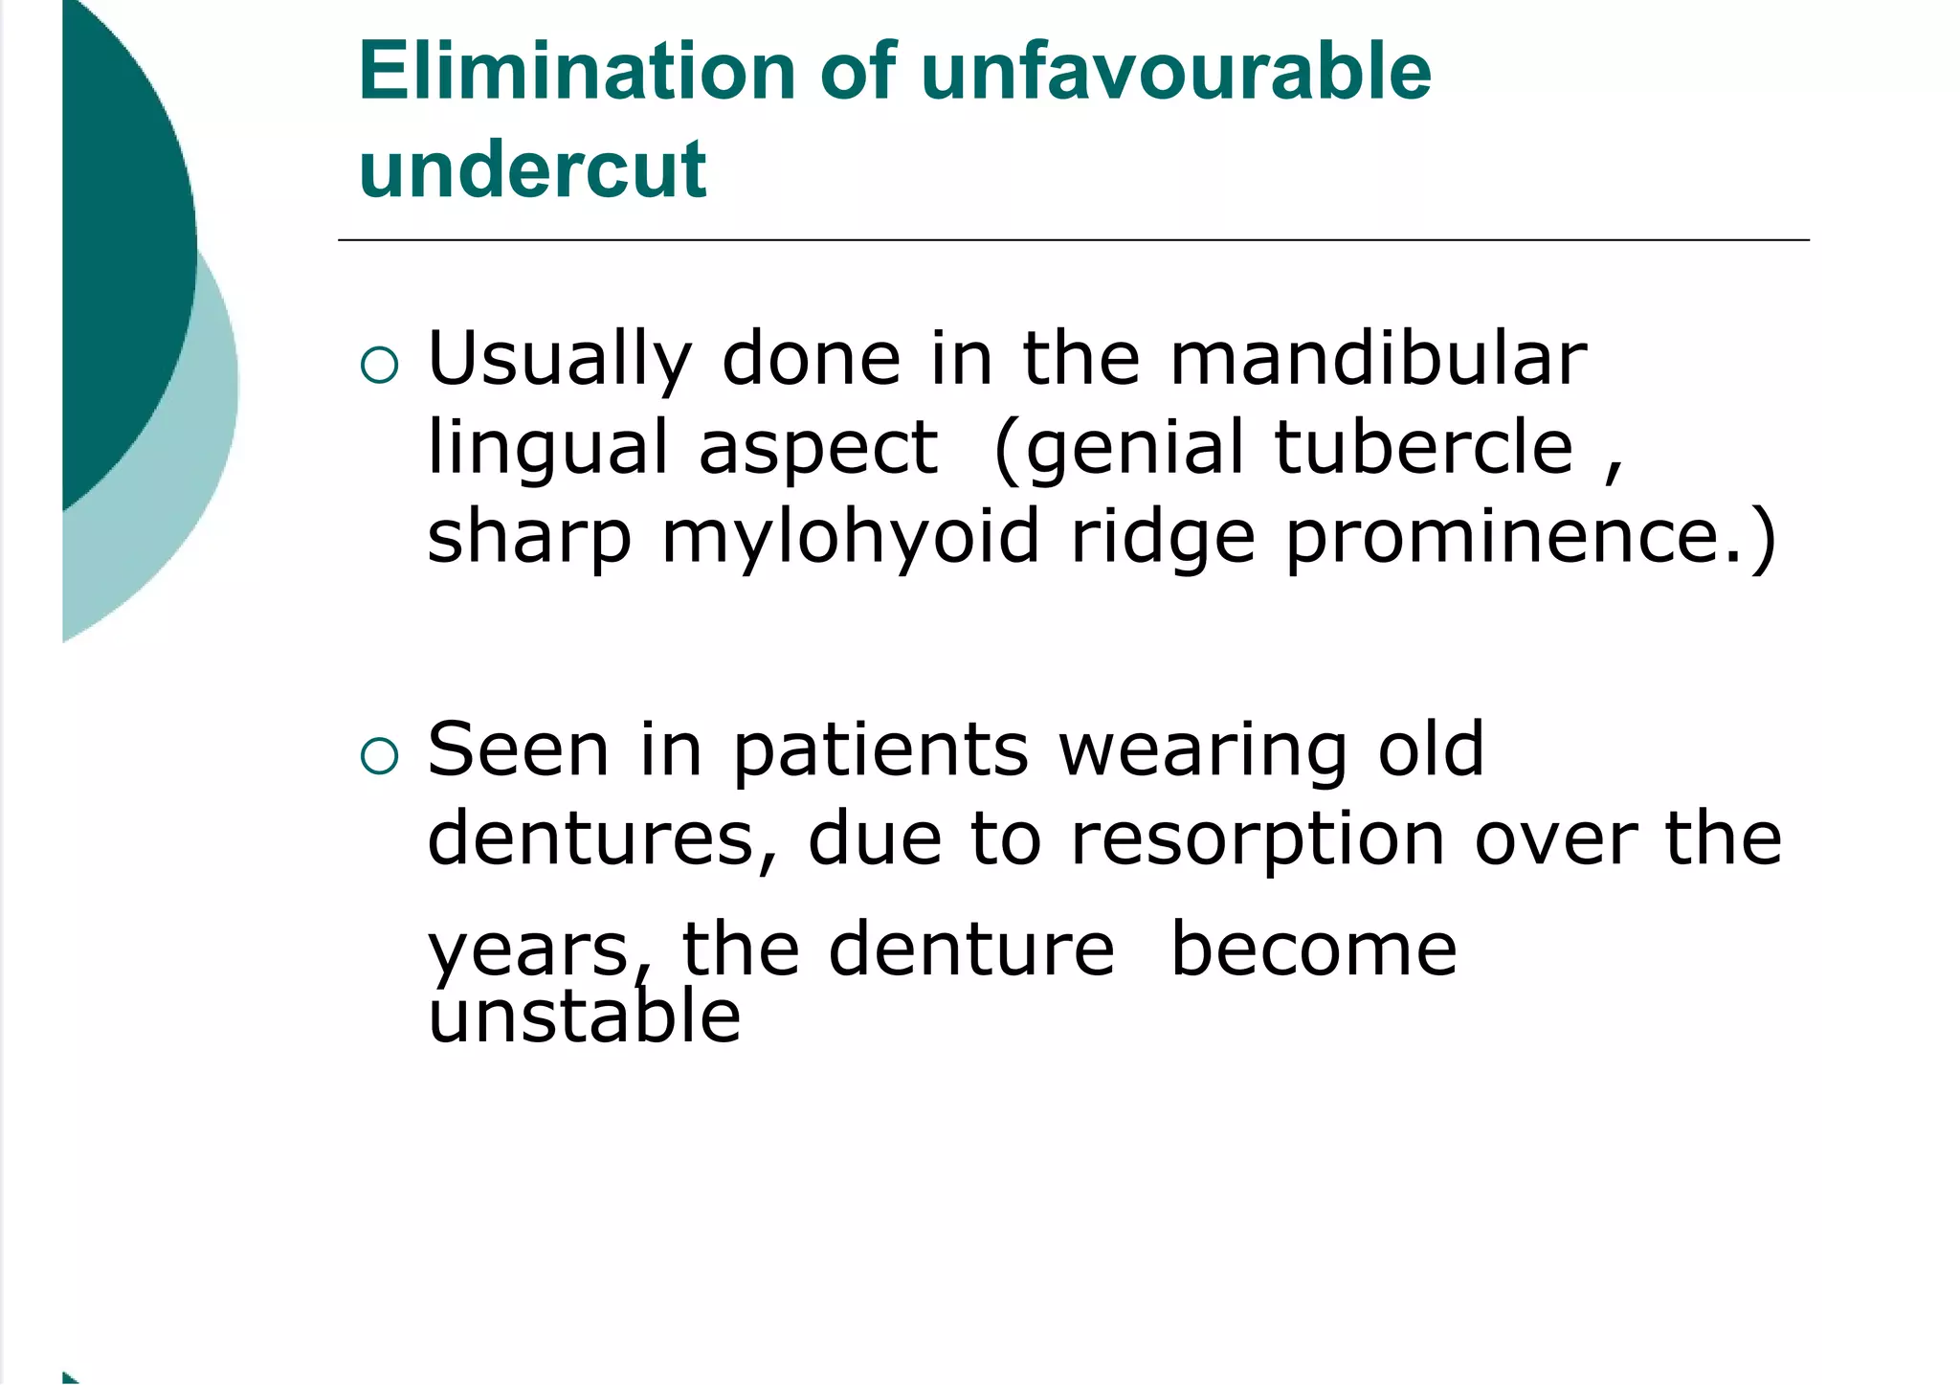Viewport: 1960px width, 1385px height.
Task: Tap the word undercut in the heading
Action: pyautogui.click(x=532, y=169)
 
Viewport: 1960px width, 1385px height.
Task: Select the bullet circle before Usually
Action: pyautogui.click(x=380, y=366)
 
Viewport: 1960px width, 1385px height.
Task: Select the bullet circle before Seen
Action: pyautogui.click(x=380, y=756)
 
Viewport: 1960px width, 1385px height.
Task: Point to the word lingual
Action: pyautogui.click(x=547, y=450)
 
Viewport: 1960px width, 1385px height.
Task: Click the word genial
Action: pyautogui.click(x=1133, y=450)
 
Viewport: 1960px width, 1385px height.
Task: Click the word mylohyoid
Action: pyautogui.click(x=850, y=538)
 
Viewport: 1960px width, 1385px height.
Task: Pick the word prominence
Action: pyautogui.click(x=1517, y=538)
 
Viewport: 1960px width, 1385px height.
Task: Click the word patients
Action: pyautogui.click(x=880, y=749)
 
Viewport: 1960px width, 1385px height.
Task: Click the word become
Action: pyautogui.click(x=1313, y=949)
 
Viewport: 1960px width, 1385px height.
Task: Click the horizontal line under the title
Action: pyautogui.click(x=1072, y=240)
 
